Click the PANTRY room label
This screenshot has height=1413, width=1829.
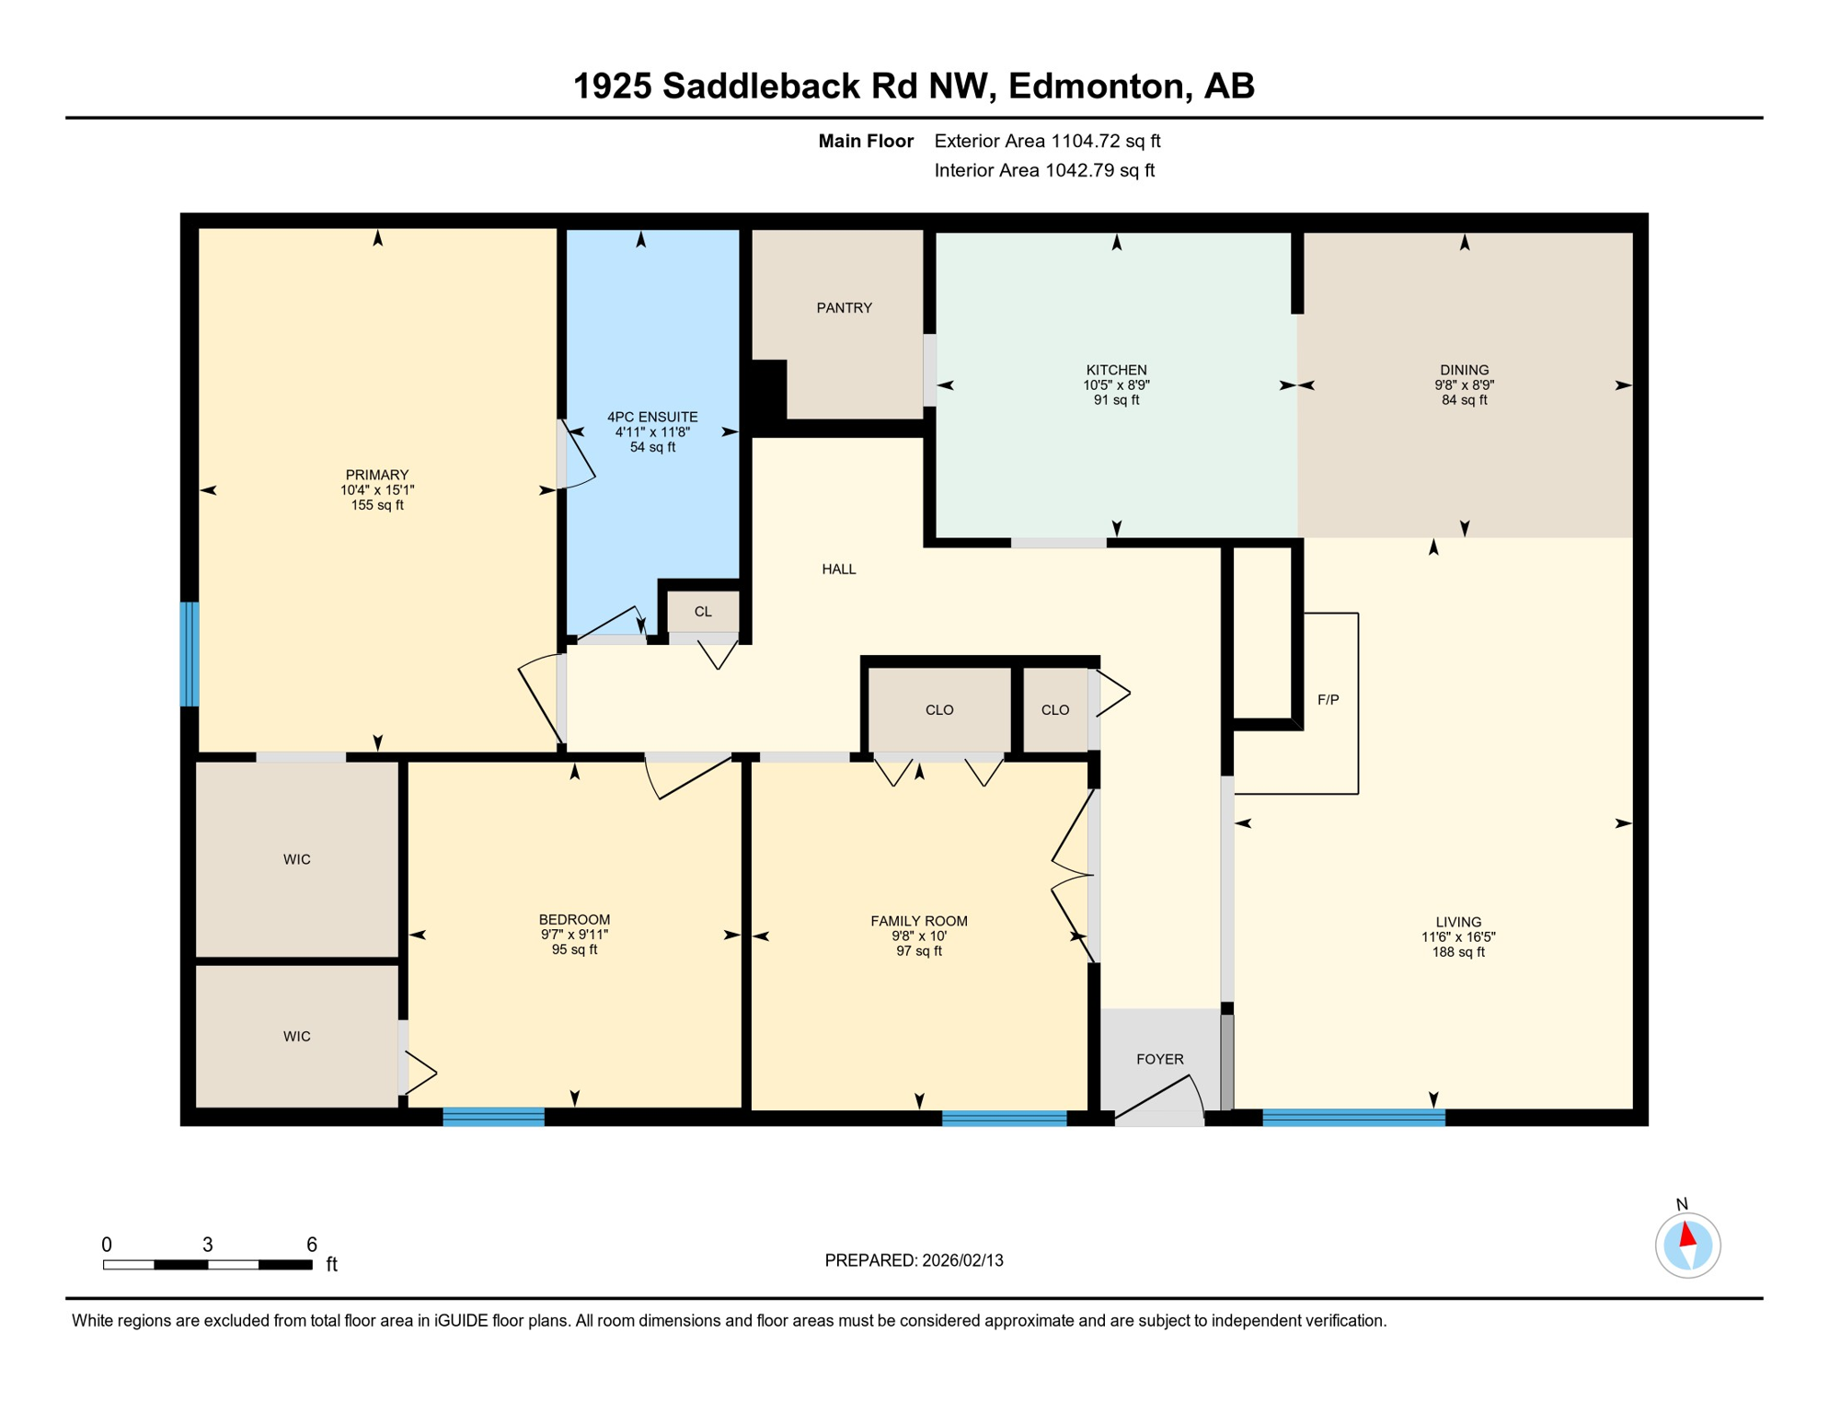pos(844,308)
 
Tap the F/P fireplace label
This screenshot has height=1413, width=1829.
pos(1328,700)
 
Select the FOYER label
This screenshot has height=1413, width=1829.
pos(1159,1060)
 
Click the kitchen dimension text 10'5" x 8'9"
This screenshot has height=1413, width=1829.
pos(1116,385)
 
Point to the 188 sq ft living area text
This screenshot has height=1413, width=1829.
pos(1457,952)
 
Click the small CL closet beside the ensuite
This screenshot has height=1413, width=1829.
pos(703,612)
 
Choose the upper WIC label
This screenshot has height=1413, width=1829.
pos(296,859)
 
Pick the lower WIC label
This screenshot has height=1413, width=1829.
pos(296,1037)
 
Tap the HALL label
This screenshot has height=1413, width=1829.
pos(838,569)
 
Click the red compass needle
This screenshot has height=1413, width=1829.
pos(1687,1235)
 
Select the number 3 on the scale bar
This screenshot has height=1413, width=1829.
pos(208,1245)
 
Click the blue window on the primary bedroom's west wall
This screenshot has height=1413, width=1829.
pos(190,654)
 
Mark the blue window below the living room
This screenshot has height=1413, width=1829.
pos(1352,1118)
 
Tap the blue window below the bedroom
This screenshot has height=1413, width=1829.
pos(493,1118)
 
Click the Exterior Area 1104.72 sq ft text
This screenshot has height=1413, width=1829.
pos(1047,141)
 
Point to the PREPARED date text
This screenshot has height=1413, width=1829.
pos(914,1260)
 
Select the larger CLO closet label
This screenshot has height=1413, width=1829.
pos(938,710)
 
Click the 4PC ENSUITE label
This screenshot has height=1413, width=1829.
pos(652,417)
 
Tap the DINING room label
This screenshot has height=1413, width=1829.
pos(1464,370)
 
